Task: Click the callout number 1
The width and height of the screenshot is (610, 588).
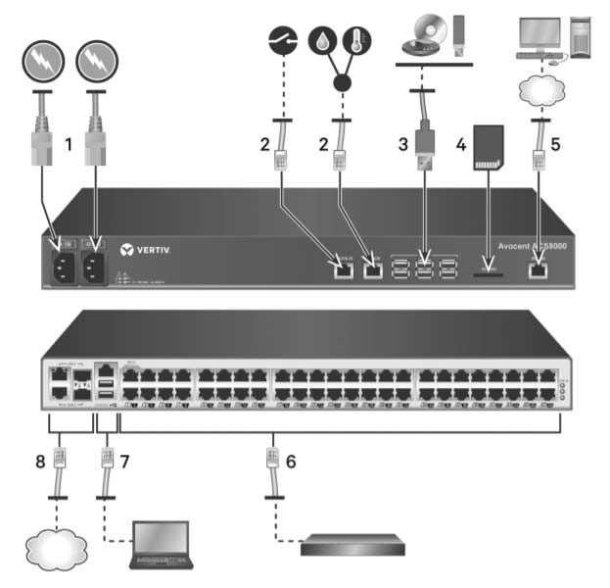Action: (69, 145)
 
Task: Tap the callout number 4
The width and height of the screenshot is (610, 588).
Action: (459, 144)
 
